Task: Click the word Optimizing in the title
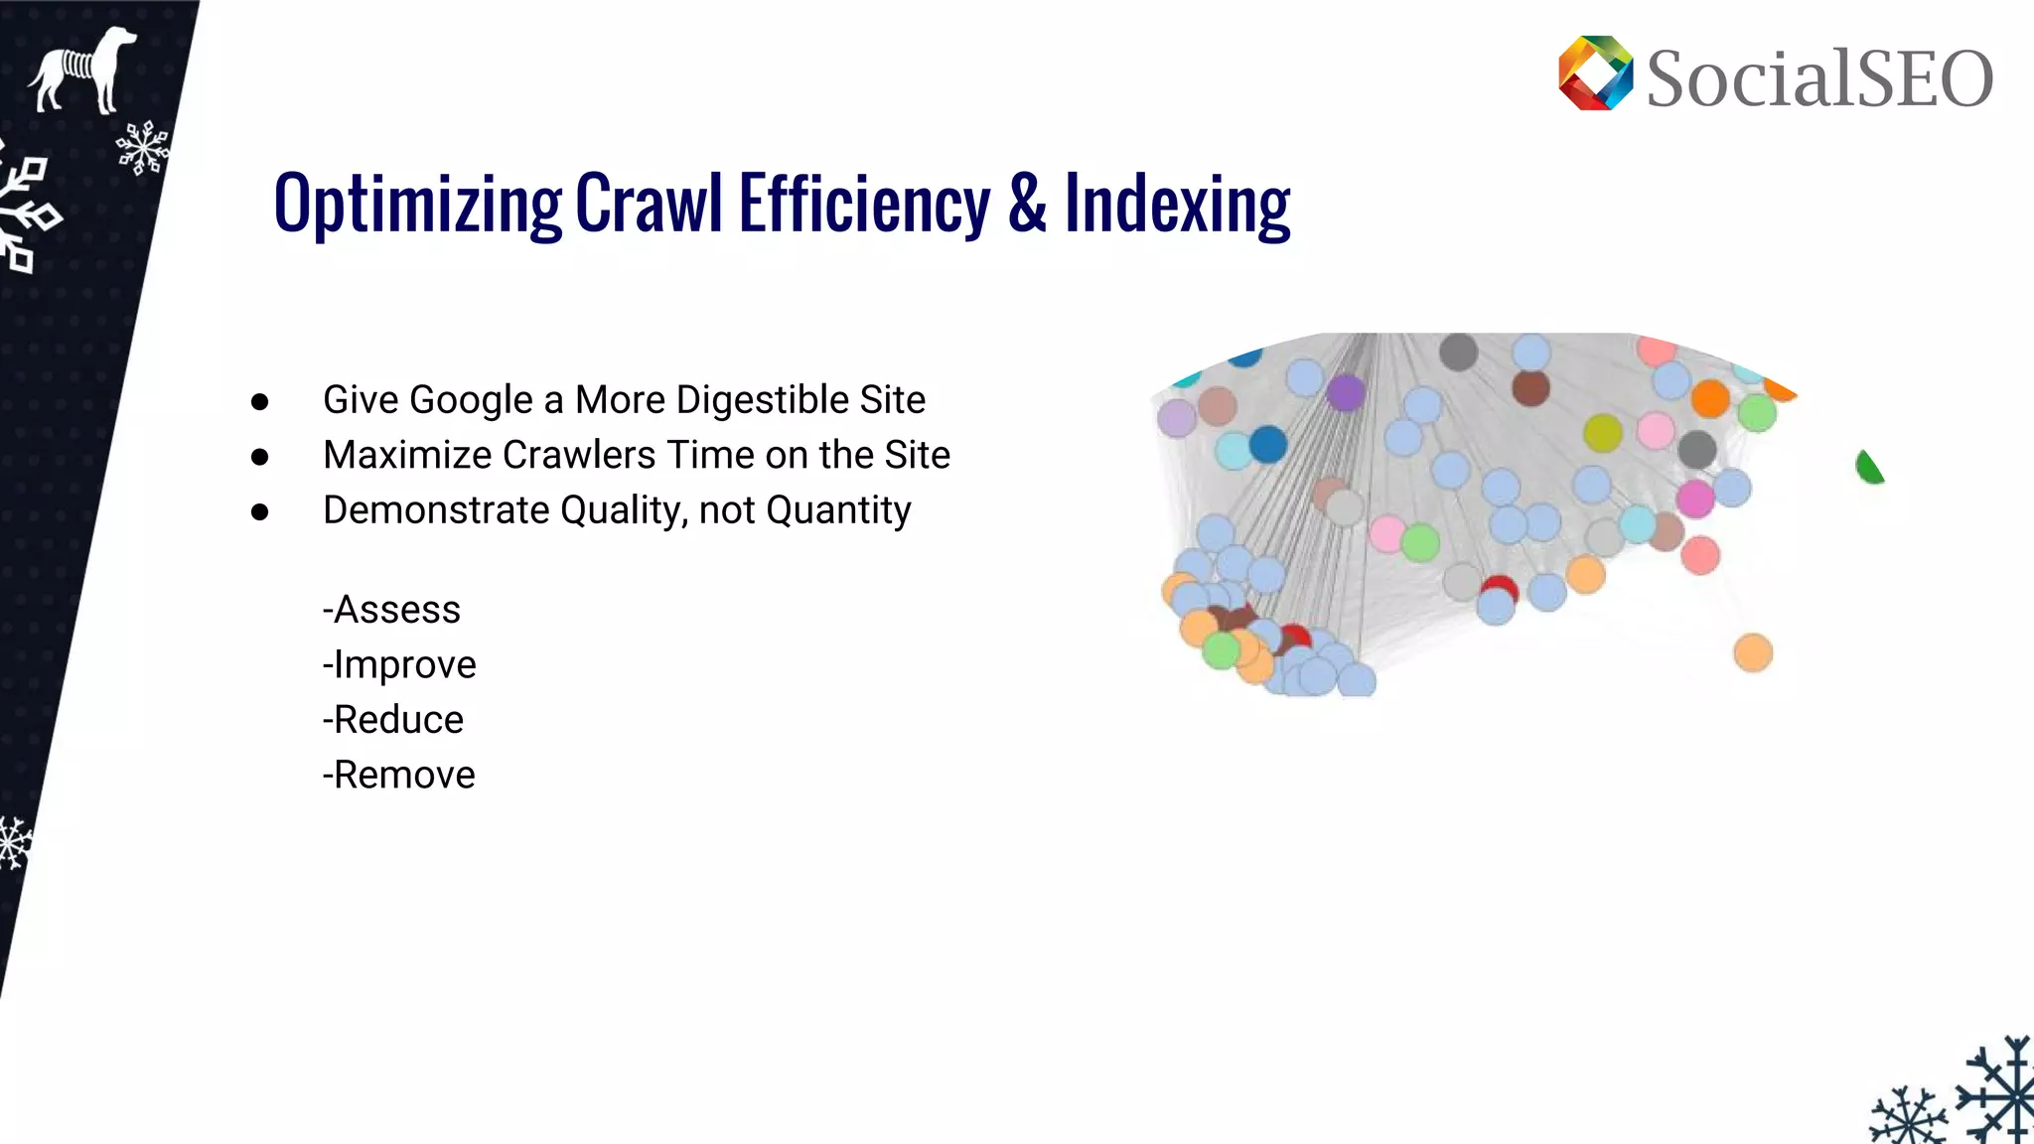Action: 417,205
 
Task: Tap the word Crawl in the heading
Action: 649,203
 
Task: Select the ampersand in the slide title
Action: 1027,203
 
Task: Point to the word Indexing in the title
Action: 1177,205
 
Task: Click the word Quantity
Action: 838,510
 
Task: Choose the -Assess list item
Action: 391,610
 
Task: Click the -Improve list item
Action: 399,664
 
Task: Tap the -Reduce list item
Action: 393,720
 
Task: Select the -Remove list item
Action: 399,775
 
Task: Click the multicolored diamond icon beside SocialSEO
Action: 1595,73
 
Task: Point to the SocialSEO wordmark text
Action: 1819,78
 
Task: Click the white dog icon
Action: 83,69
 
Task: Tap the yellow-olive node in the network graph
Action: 1603,433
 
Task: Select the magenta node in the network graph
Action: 1695,499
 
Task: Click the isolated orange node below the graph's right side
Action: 1753,652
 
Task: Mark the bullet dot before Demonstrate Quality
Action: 260,511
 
